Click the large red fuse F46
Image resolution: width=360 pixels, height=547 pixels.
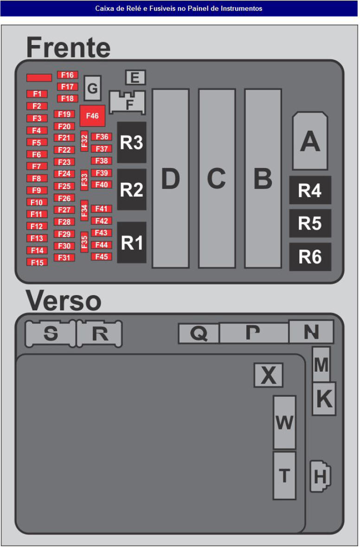click(x=92, y=116)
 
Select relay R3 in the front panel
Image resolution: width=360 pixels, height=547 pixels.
click(x=131, y=142)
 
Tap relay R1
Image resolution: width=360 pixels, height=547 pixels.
click(x=132, y=243)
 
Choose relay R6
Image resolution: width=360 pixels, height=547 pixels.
click(x=310, y=257)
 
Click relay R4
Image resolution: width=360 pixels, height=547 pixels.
click(x=310, y=190)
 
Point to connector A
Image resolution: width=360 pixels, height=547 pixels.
click(x=310, y=141)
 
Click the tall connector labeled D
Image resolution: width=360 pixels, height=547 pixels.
click(x=170, y=179)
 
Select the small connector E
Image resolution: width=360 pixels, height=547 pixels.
click(x=135, y=77)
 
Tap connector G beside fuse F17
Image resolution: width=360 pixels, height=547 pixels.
click(x=92, y=88)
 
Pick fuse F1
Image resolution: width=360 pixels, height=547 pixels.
click(x=37, y=94)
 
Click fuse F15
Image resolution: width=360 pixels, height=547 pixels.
click(x=37, y=262)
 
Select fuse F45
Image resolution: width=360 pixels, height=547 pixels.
click(x=102, y=257)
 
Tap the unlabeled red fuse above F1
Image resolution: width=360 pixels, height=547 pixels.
click(x=39, y=77)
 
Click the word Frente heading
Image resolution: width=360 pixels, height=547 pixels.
click(x=68, y=47)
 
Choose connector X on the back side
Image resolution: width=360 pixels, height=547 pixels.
click(x=268, y=375)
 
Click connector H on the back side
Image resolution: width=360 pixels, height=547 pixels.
click(x=320, y=476)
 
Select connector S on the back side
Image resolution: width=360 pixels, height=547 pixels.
click(x=50, y=334)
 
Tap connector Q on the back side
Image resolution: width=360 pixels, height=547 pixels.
click(x=199, y=333)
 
